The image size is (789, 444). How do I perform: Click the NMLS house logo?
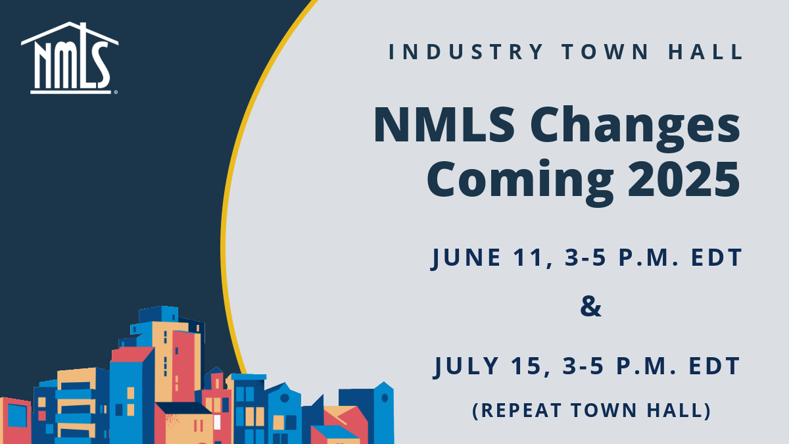tap(70, 58)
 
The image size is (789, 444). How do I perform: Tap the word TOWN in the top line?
tap(605, 52)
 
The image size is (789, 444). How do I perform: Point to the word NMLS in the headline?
tap(444, 125)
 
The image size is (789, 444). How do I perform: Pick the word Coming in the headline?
tap(520, 182)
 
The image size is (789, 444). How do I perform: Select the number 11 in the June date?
tap(532, 259)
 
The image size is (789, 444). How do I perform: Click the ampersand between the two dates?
tap(590, 307)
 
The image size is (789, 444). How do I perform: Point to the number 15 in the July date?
tap(531, 366)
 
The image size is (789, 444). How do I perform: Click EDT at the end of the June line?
tap(717, 257)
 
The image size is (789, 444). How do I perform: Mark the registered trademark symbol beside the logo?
tap(116, 93)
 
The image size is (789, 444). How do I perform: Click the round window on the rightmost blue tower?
tap(385, 398)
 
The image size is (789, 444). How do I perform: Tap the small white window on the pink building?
tap(217, 422)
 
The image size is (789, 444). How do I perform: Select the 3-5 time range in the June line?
tap(585, 257)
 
